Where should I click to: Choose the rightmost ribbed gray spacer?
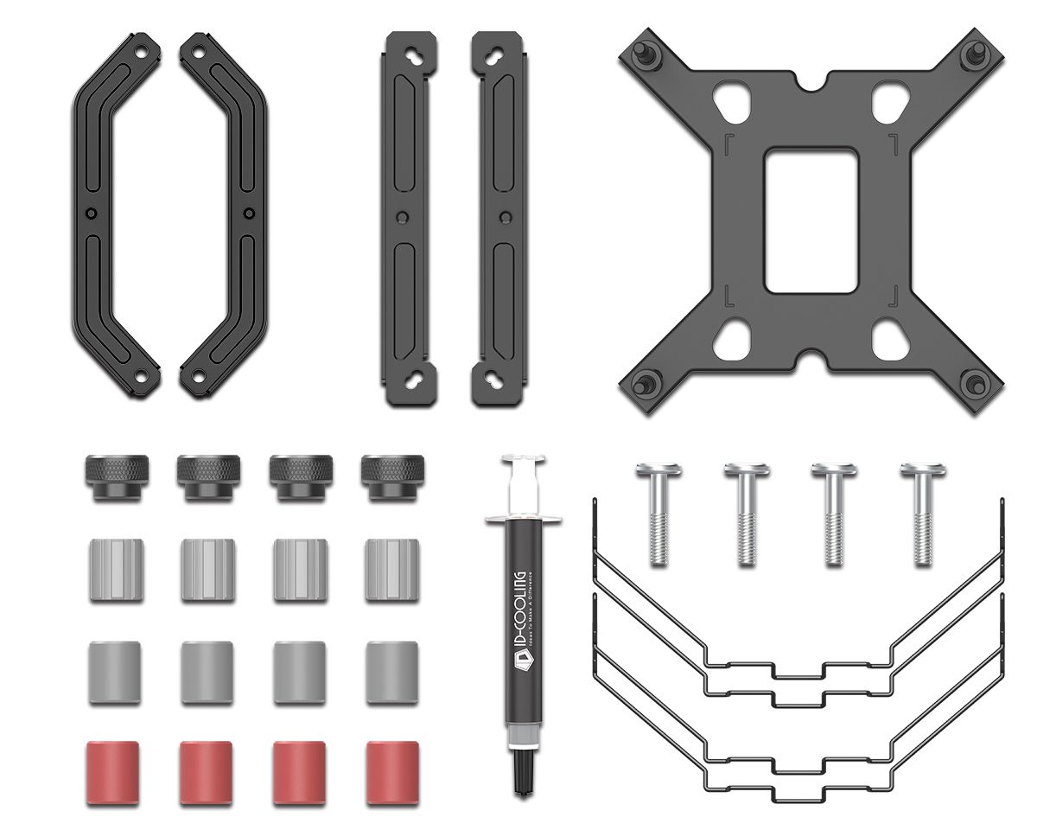(x=391, y=570)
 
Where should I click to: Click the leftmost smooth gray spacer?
(x=113, y=673)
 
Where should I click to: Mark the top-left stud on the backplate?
(x=646, y=52)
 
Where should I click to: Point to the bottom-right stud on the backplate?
(x=974, y=383)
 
